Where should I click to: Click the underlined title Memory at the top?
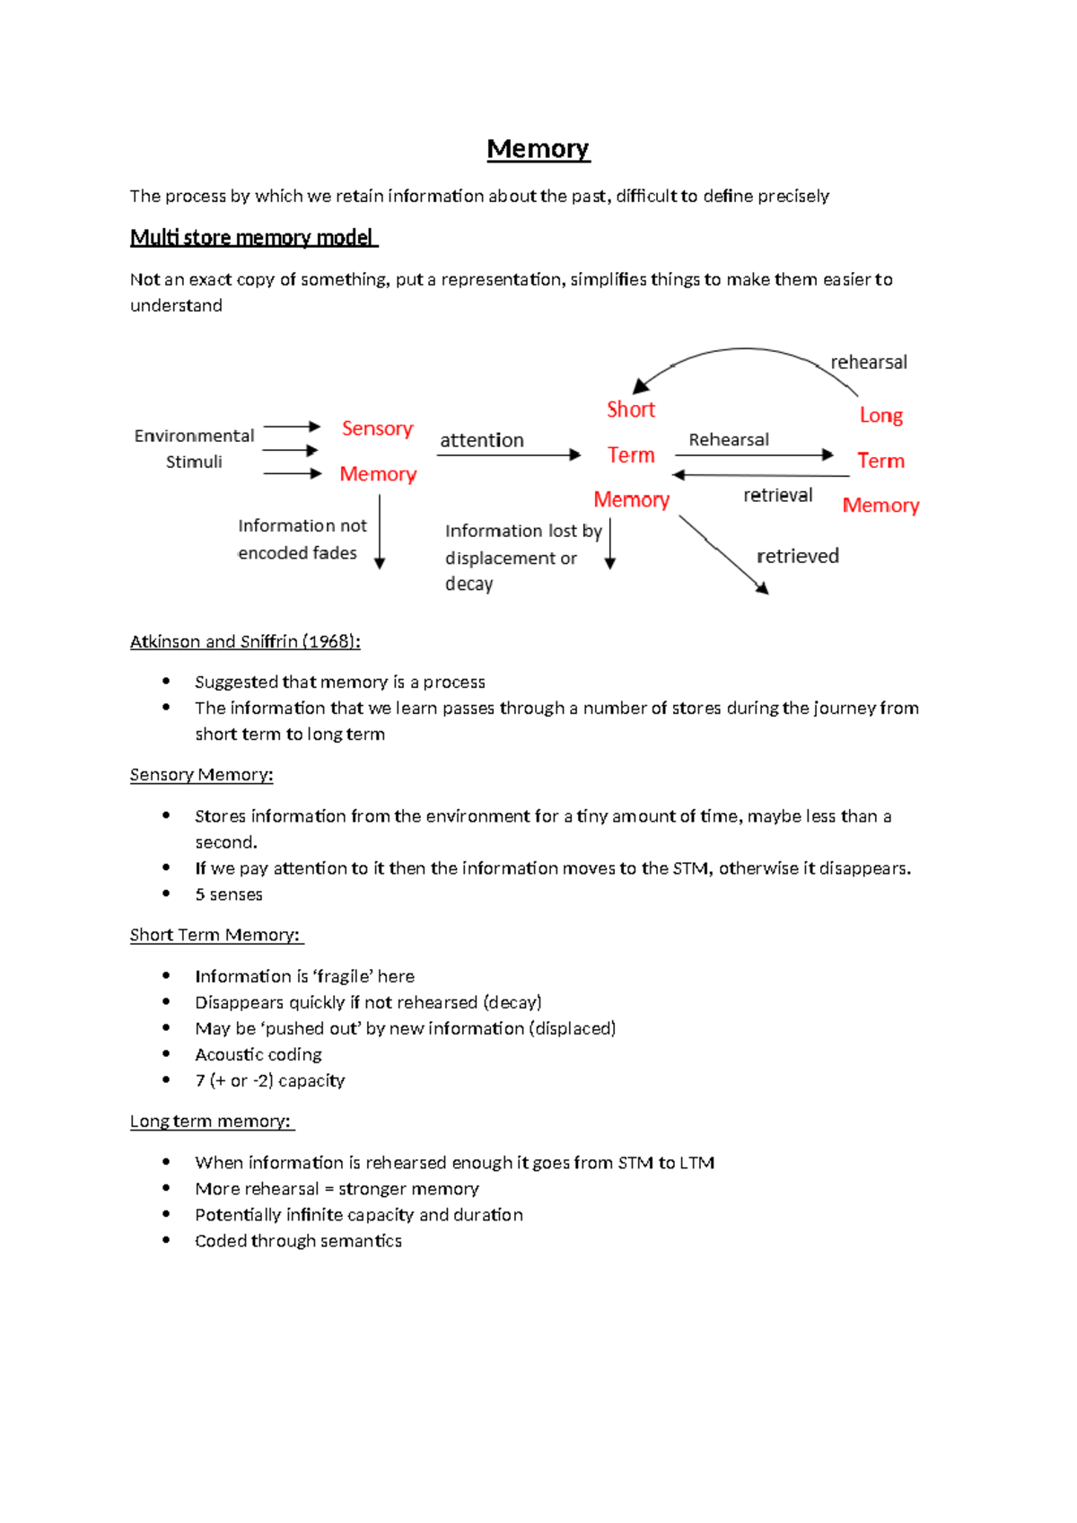(538, 149)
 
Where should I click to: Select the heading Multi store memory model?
(252, 237)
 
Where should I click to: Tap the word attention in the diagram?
(481, 440)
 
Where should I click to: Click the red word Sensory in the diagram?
(377, 428)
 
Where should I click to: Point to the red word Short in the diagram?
(631, 409)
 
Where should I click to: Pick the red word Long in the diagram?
(880, 415)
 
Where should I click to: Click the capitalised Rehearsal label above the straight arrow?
(728, 439)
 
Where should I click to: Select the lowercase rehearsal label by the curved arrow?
(868, 362)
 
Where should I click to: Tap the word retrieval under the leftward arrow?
(777, 495)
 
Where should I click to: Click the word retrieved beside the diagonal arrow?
(797, 556)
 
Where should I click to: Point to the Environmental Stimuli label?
(194, 448)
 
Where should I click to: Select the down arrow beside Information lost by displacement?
(610, 544)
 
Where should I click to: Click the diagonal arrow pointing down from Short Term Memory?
(723, 554)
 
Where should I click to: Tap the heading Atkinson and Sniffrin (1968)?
(245, 641)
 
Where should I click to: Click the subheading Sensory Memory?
(201, 774)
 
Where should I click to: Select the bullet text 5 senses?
(229, 894)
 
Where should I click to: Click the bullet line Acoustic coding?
(258, 1054)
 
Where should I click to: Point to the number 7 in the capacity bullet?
(200, 1080)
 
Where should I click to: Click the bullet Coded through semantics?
(298, 1240)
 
